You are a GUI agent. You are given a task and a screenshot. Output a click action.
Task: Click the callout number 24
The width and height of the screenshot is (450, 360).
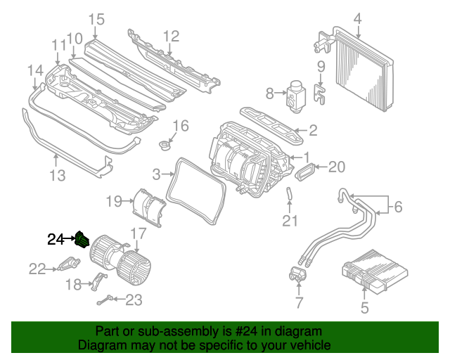point(56,239)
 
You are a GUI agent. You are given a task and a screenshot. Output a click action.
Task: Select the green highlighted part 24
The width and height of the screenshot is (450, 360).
point(84,239)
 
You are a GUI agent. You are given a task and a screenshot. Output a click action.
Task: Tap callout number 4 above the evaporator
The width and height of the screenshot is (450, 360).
point(357,18)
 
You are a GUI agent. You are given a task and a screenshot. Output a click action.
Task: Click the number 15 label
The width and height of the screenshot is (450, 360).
point(96,18)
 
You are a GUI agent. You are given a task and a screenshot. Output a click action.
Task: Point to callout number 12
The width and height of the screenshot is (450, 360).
point(172,36)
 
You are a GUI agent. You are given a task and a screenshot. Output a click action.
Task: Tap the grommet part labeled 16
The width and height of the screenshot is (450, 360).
point(167,146)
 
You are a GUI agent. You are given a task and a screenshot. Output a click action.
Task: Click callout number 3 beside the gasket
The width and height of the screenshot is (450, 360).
point(156,173)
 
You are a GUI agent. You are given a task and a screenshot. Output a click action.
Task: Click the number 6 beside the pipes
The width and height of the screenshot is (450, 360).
point(398,207)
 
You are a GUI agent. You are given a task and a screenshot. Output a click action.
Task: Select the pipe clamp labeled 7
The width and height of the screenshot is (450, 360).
point(297,276)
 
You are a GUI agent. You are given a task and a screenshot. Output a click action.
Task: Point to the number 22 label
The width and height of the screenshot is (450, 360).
point(37,268)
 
